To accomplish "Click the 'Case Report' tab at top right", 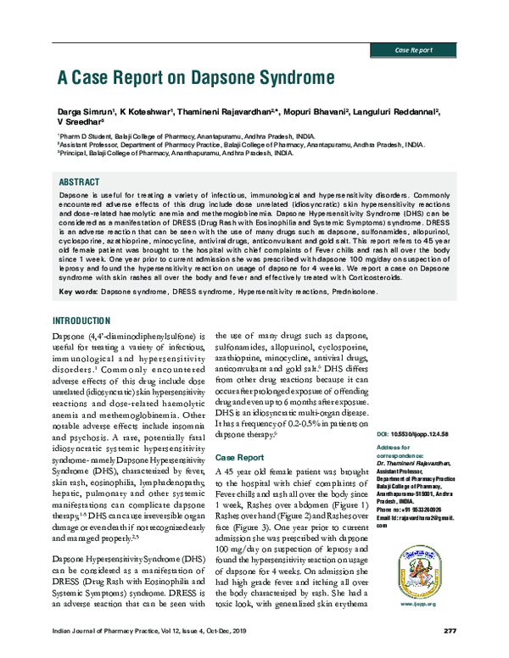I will click(x=415, y=52).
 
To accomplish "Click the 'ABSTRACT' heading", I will click(x=79, y=182).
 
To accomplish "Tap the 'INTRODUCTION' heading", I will click(x=81, y=321).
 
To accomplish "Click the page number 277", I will click(x=450, y=631).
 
